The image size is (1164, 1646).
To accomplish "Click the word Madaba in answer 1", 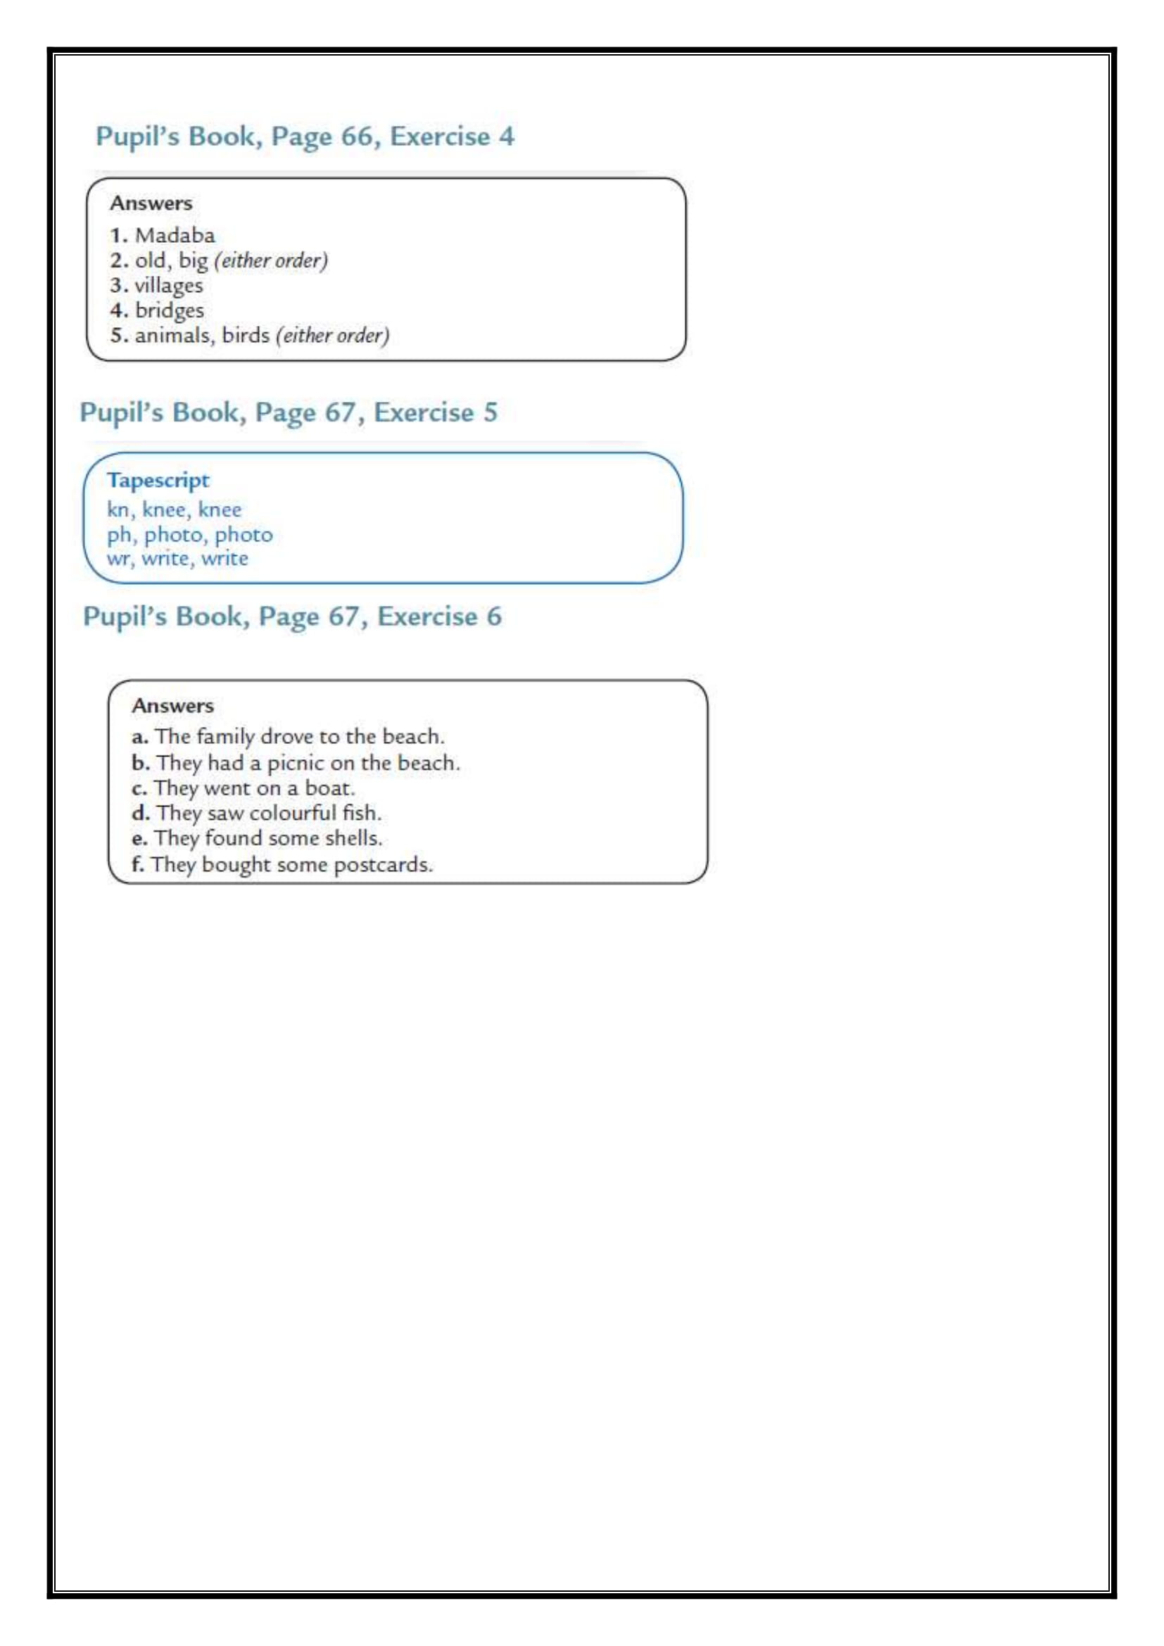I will coord(175,235).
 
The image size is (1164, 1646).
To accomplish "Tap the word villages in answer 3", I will coord(169,285).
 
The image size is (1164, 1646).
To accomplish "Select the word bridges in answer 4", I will coord(169,310).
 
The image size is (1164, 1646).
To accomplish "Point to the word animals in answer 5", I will coord(175,336).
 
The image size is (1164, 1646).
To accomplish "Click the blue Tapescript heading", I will coord(158,481).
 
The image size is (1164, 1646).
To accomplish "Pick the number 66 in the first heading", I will coord(356,137).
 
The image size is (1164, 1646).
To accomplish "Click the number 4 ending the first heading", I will coord(507,137).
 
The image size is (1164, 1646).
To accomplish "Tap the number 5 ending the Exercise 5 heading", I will coord(491,412).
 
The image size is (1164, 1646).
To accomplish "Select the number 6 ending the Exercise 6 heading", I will coord(495,616).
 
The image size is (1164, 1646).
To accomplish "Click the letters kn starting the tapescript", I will coord(118,509).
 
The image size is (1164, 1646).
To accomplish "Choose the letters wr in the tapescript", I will coord(118,559).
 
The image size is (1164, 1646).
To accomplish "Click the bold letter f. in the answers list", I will coord(138,864).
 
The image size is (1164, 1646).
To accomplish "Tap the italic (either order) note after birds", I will coord(333,336).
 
